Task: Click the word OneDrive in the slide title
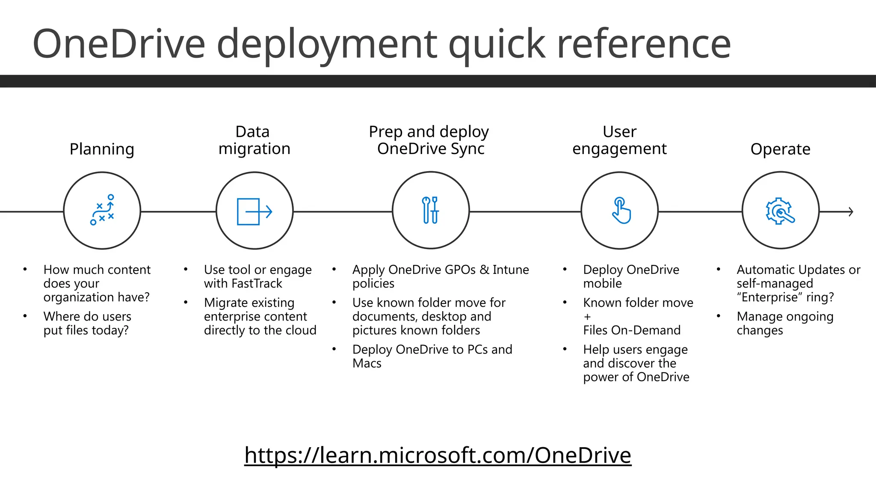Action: click(x=119, y=44)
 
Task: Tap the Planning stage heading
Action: click(x=102, y=149)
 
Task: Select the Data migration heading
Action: click(x=254, y=140)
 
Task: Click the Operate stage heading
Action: click(x=780, y=149)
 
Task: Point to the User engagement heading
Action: click(x=619, y=140)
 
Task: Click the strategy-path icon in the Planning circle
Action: click(x=102, y=210)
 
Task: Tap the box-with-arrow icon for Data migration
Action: click(x=255, y=211)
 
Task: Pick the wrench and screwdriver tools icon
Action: click(x=430, y=210)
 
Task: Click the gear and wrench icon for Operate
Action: click(x=780, y=211)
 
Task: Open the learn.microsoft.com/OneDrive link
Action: click(x=438, y=455)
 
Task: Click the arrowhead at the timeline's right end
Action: click(x=851, y=211)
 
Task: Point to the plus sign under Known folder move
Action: click(x=587, y=317)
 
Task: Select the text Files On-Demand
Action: click(x=631, y=330)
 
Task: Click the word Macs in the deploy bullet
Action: click(x=367, y=363)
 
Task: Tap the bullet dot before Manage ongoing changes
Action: click(x=719, y=316)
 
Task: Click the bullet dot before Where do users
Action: click(x=25, y=316)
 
